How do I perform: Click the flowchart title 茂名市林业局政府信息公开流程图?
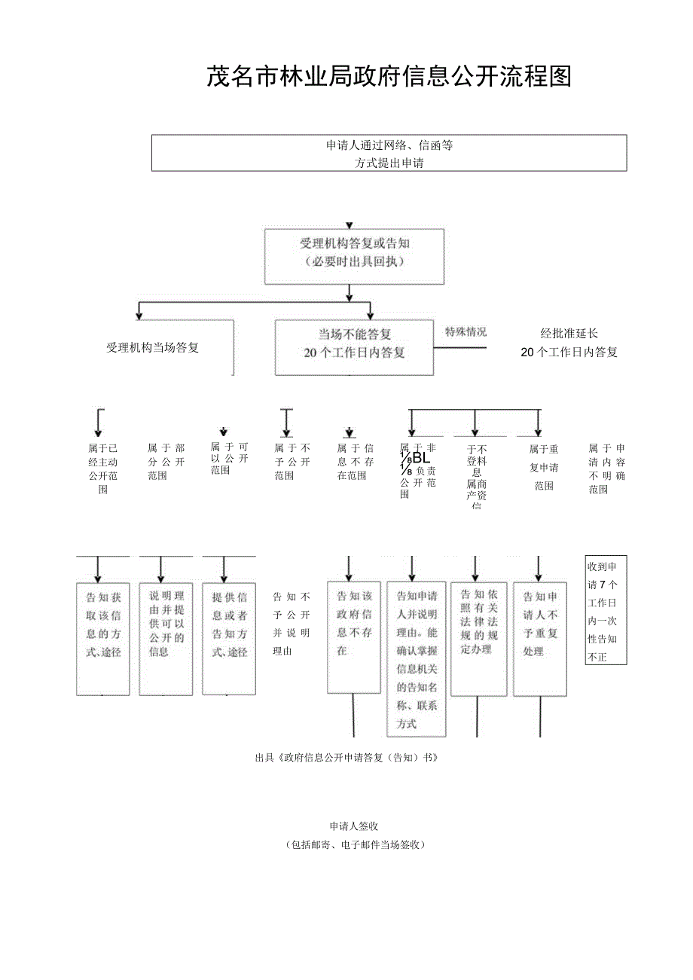[389, 77]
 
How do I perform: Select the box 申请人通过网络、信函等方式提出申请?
[389, 153]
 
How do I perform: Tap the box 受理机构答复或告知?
[354, 253]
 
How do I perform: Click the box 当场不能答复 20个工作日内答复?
[354, 343]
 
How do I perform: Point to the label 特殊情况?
[466, 331]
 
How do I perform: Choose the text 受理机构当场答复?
[153, 348]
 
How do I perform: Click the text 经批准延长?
[569, 333]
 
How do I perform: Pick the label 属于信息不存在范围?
[356, 462]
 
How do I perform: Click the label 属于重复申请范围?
[544, 468]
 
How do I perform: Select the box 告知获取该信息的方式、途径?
[103, 639]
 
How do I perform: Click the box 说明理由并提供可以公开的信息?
[166, 639]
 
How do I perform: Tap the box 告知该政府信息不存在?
[354, 637]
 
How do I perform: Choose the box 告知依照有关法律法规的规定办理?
[479, 639]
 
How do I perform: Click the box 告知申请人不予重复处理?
[540, 639]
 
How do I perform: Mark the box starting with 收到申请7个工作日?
[606, 611]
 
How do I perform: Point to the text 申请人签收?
[353, 826]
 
